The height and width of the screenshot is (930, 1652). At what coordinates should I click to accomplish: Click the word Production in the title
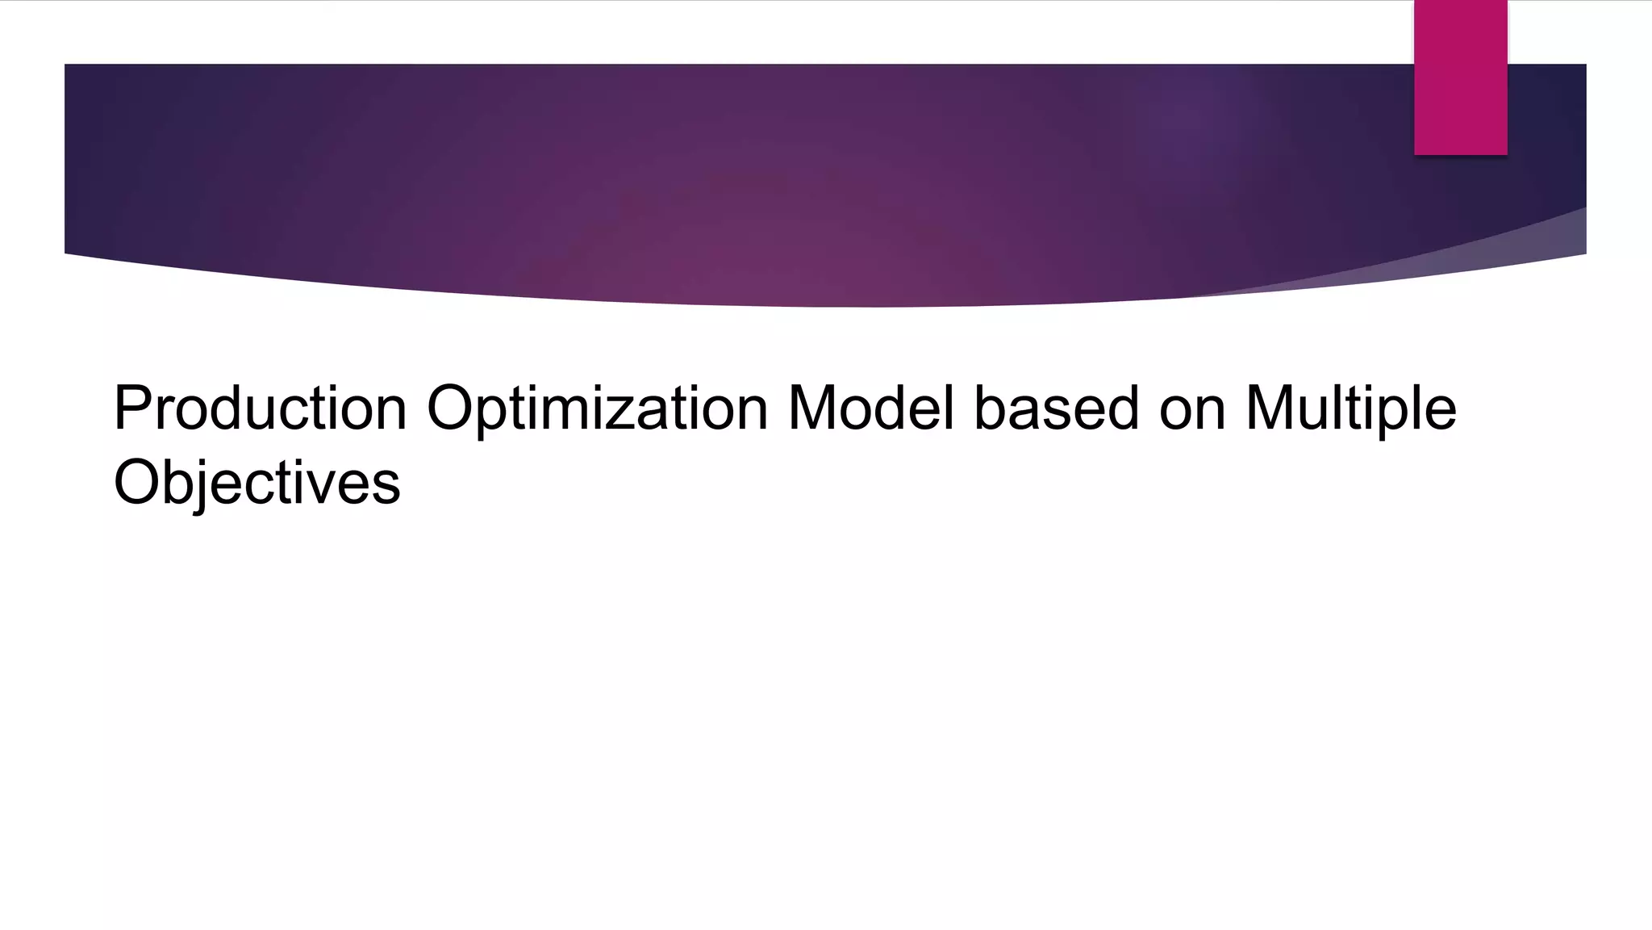[x=260, y=408]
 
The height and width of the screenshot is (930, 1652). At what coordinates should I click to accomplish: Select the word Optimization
[x=597, y=409]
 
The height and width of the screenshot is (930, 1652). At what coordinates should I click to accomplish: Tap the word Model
[x=870, y=408]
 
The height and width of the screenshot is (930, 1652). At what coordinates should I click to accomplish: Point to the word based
[x=1057, y=408]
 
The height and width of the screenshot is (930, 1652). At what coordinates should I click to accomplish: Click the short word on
[x=1192, y=409]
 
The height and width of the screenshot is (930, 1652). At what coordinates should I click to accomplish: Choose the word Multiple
[x=1351, y=409]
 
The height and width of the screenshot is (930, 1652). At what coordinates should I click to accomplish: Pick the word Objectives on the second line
[x=257, y=483]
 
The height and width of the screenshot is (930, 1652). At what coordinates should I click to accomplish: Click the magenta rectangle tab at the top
[x=1460, y=77]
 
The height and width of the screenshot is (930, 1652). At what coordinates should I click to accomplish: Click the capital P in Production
[x=132, y=408]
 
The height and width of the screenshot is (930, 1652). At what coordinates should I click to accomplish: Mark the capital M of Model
[x=815, y=408]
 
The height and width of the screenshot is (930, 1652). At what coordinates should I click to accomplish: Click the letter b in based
[x=991, y=408]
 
